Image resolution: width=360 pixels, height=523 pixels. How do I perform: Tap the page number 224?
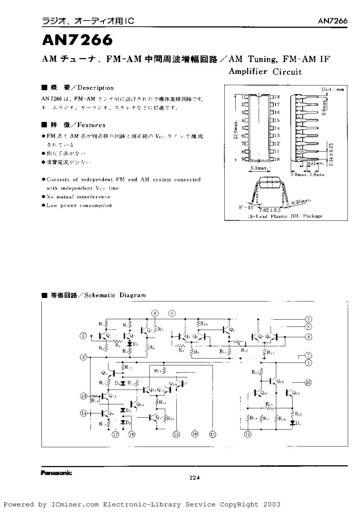click(194, 478)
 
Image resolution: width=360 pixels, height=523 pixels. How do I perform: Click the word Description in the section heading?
click(96, 88)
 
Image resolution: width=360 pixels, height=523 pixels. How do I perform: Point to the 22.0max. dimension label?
click(234, 130)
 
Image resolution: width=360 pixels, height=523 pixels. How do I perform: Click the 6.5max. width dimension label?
click(259, 168)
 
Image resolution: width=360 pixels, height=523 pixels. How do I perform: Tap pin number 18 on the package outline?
click(277, 96)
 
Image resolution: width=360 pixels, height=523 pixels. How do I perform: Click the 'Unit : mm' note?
click(332, 89)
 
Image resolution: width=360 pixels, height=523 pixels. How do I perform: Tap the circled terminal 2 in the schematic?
click(83, 336)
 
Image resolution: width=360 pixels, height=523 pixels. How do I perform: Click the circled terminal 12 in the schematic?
click(247, 434)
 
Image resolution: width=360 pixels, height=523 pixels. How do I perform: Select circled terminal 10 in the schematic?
click(308, 383)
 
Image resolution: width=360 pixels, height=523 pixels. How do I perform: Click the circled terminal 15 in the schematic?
click(176, 434)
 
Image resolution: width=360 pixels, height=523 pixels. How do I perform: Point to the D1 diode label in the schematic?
click(136, 344)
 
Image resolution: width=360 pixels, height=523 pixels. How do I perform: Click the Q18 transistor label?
click(281, 382)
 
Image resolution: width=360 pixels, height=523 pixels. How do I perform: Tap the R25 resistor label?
click(269, 404)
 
